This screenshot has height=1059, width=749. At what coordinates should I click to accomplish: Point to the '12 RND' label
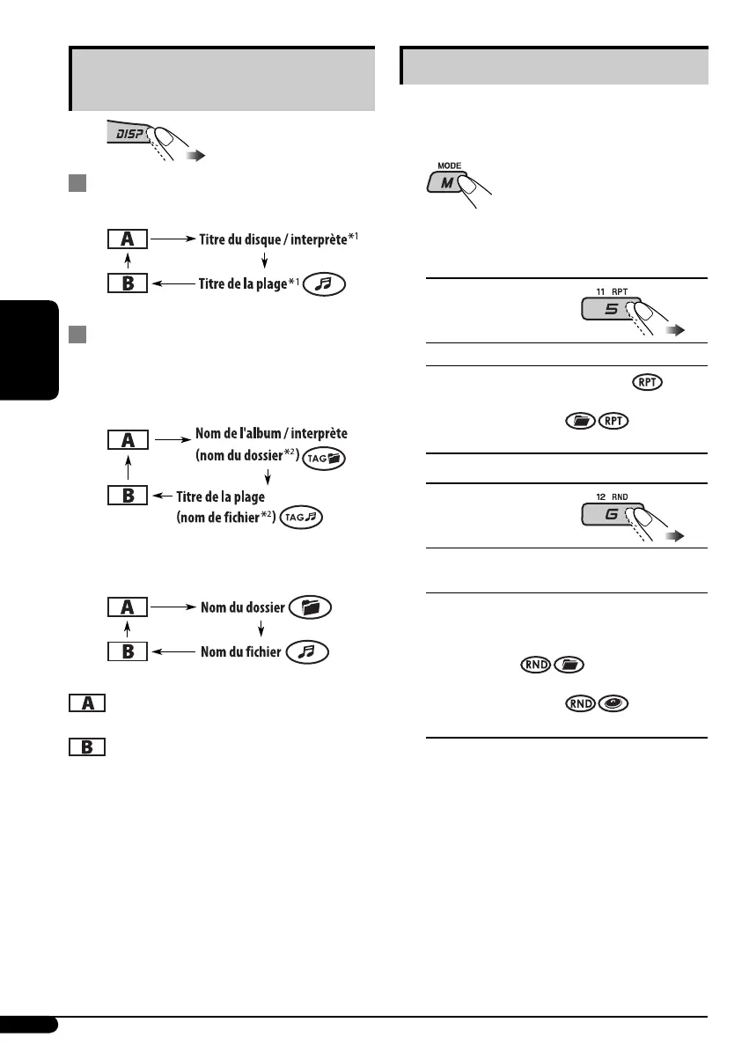point(603,493)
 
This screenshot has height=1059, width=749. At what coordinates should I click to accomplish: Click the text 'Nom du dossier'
point(241,607)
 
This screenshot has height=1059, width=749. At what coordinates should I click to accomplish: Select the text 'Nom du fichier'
point(241,651)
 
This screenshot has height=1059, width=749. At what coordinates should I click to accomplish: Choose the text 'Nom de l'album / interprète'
point(272,434)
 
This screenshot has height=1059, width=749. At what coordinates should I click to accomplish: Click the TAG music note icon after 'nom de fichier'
point(302,519)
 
